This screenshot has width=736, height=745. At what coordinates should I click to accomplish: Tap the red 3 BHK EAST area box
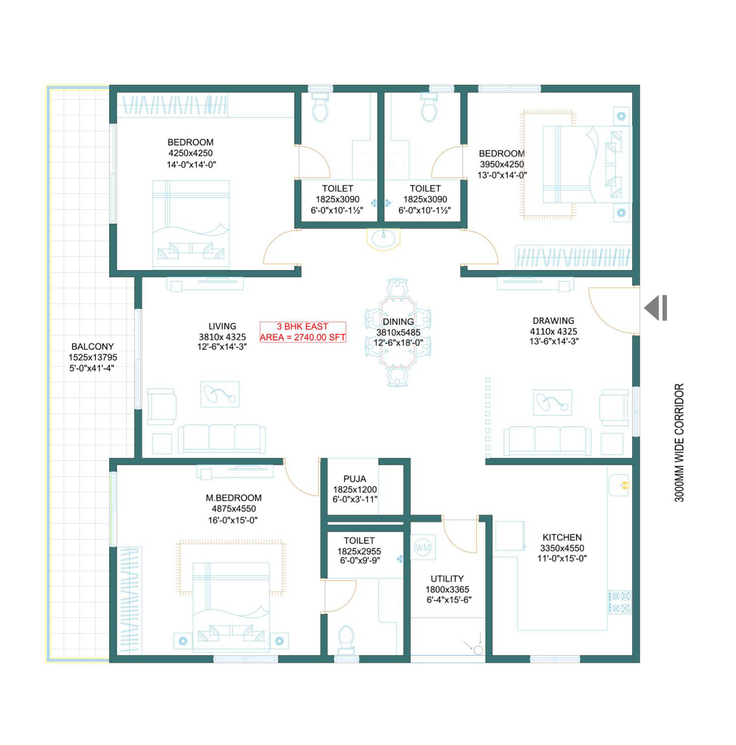(303, 332)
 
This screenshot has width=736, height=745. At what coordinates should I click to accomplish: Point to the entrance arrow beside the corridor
(655, 308)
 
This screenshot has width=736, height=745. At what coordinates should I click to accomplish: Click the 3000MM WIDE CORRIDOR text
(679, 442)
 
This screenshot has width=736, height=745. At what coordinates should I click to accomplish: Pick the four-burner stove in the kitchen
(620, 602)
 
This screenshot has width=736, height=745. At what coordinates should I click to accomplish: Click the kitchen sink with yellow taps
(619, 485)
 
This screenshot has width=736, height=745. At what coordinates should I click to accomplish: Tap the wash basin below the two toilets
(383, 239)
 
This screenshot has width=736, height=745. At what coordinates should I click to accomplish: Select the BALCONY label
(92, 346)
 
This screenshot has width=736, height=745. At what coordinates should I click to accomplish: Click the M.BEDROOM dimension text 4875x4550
(234, 509)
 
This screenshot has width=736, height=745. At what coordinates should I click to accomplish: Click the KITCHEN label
(562, 537)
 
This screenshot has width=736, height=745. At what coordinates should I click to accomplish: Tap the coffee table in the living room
(219, 394)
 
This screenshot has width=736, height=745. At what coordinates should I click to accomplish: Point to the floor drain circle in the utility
(478, 650)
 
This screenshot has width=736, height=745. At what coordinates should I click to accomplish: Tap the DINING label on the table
(398, 322)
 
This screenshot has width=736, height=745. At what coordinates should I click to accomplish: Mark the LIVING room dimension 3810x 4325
(222, 337)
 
